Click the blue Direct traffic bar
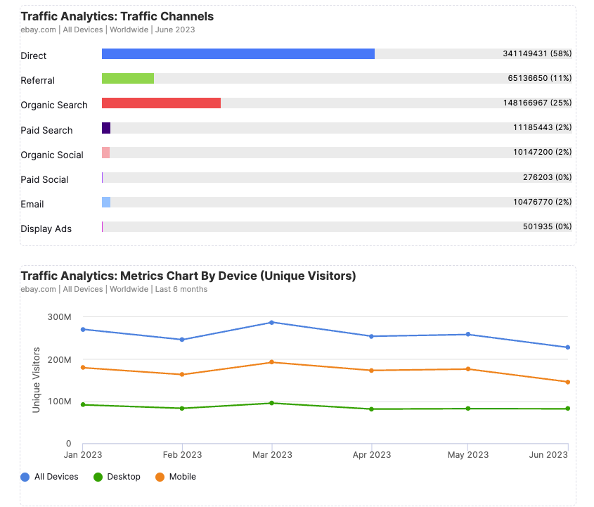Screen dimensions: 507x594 point(238,54)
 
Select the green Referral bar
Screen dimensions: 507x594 point(128,79)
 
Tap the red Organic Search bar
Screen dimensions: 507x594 point(161,103)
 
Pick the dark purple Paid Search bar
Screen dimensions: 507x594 point(106,128)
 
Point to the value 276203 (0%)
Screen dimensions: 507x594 point(547,177)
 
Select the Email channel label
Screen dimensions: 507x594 point(32,205)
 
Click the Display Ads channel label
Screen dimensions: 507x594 point(46,229)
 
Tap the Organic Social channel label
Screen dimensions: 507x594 point(52,155)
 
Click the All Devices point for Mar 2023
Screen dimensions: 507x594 point(272,323)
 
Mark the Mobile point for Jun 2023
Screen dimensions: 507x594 point(567,382)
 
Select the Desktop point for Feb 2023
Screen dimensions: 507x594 point(182,408)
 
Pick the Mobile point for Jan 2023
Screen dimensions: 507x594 point(83,367)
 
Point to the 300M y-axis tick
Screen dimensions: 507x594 point(59,317)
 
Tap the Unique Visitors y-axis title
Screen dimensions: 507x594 point(37,380)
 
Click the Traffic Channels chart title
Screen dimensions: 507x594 point(117,16)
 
